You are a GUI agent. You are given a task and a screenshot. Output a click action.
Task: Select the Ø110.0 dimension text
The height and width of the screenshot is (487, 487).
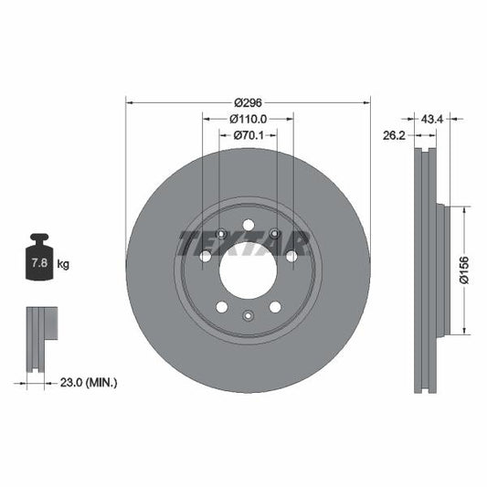248,119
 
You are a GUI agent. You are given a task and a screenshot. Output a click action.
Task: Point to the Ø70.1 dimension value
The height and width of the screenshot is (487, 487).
248,135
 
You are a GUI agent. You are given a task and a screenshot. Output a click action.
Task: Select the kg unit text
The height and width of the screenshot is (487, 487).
63,264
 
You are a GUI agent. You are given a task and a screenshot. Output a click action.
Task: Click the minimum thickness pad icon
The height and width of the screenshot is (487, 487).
40,338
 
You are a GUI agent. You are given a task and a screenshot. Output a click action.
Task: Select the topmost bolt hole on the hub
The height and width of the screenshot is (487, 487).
248,226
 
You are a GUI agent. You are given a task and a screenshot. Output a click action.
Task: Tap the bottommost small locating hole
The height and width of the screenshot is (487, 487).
248,315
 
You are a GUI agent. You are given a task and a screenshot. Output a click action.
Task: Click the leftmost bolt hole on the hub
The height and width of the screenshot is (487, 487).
206,257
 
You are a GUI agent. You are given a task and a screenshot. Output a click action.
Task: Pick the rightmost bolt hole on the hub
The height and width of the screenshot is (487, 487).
291,257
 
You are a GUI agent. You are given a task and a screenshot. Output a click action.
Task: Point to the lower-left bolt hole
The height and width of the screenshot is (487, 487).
221,306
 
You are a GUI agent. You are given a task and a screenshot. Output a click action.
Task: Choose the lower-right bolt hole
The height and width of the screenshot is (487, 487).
275,306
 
